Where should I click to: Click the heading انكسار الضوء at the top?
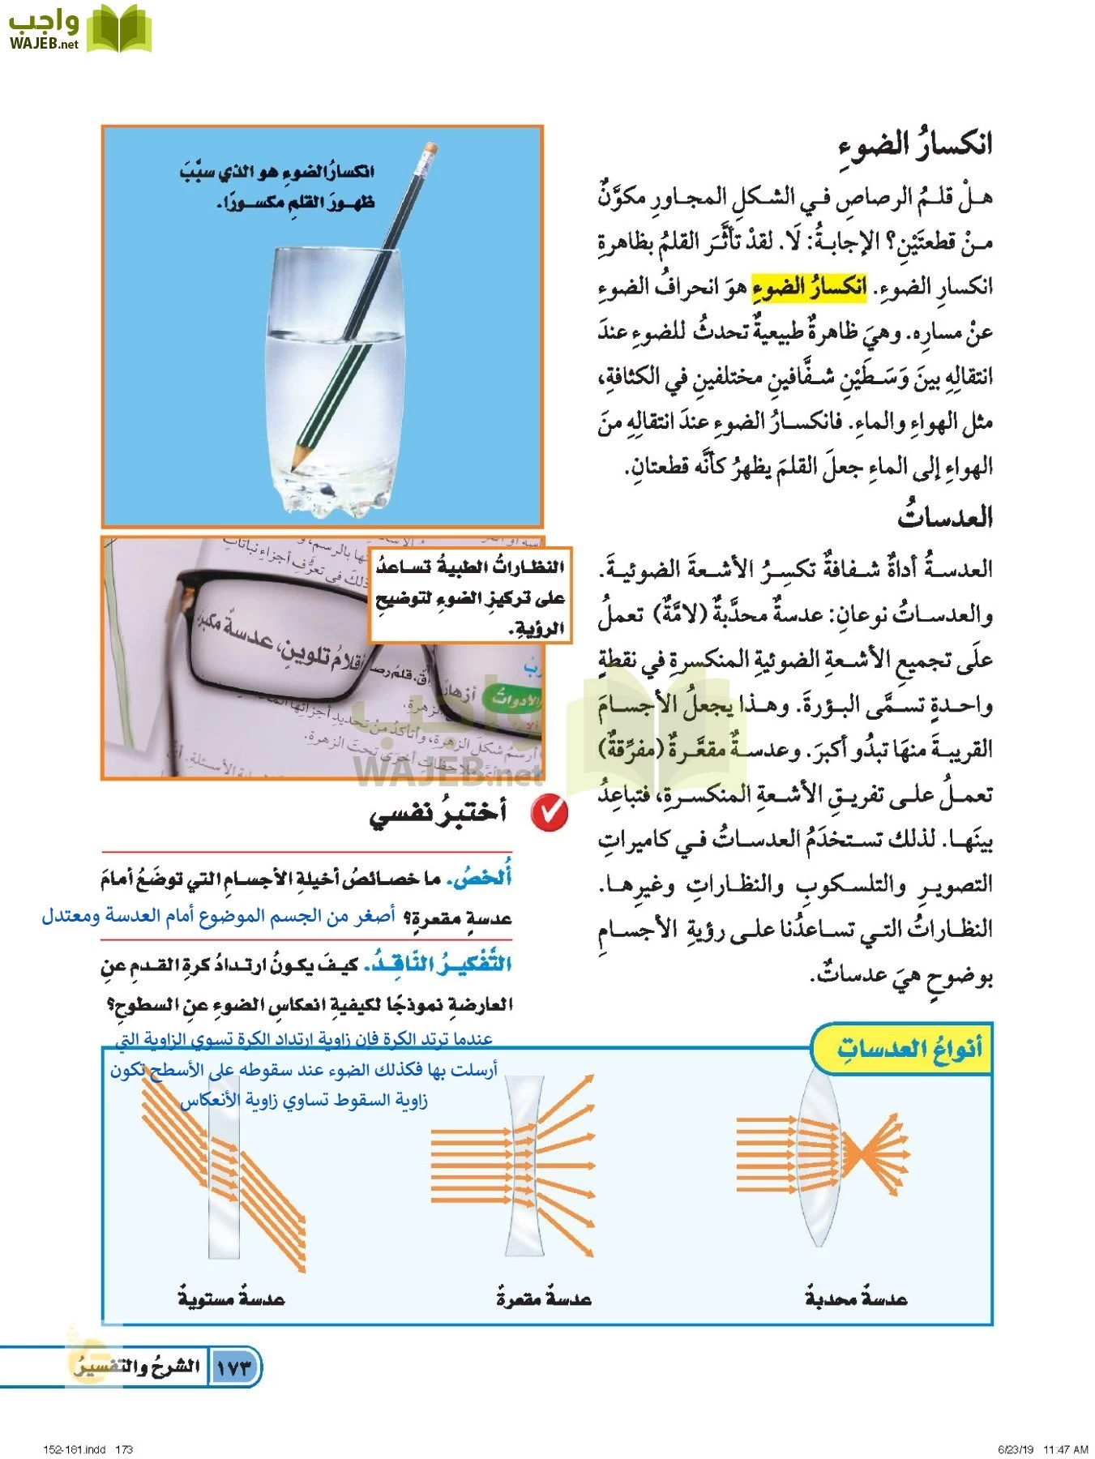915,145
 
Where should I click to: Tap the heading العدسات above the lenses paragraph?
945,517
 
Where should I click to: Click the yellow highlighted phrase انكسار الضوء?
809,286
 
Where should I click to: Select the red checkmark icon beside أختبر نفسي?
550,812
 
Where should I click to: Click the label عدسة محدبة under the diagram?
856,1299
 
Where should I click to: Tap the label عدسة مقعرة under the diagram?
544,1299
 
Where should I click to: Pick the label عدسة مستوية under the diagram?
232,1299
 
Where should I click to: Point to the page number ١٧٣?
235,1367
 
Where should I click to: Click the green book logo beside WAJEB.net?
118,30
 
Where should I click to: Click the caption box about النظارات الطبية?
470,597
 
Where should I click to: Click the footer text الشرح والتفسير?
138,1367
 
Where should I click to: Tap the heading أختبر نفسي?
438,812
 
